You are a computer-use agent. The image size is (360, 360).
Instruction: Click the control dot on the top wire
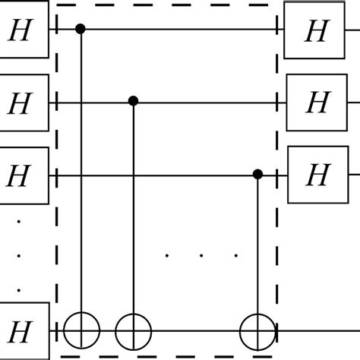coord(81,30)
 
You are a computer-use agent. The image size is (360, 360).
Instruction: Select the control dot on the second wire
coord(134,101)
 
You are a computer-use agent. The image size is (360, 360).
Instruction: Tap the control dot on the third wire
coord(257,175)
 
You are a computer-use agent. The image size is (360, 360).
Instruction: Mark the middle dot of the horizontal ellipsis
coord(201,255)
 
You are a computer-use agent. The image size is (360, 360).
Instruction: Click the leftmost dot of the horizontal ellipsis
coord(167,255)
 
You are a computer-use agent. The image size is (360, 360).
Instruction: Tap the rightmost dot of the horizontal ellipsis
coord(235,255)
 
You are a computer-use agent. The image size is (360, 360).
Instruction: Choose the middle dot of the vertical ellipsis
coord(20,256)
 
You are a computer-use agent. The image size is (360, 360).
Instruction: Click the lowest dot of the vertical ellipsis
coord(20,289)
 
